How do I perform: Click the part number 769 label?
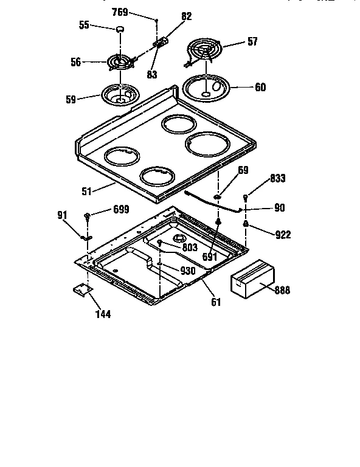click(x=120, y=12)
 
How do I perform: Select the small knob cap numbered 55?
click(x=120, y=29)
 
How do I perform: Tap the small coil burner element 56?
click(x=120, y=62)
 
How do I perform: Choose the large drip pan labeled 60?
click(x=206, y=88)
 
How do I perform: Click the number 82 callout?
click(x=187, y=16)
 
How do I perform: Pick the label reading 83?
click(x=152, y=74)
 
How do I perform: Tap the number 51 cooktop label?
click(x=86, y=191)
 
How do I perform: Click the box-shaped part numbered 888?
click(x=252, y=278)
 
